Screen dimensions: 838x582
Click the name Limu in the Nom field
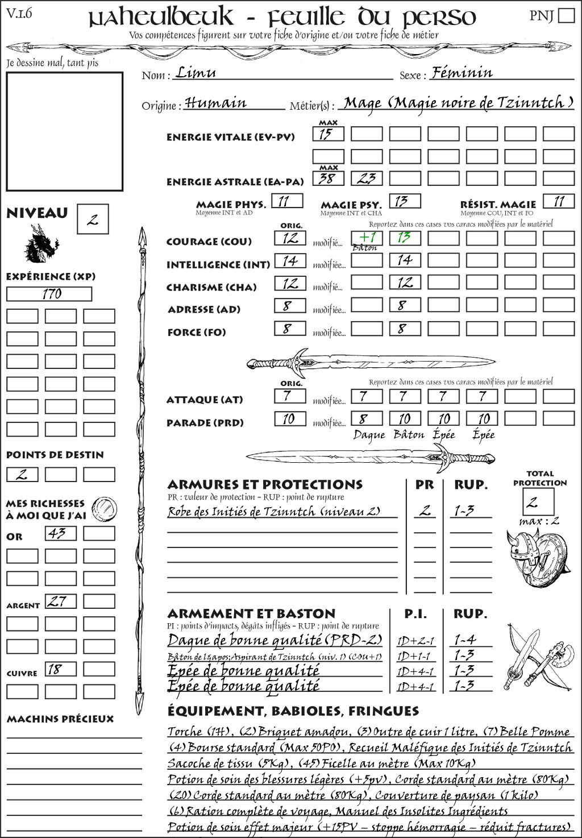click(x=196, y=73)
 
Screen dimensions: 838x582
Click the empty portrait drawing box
click(x=64, y=131)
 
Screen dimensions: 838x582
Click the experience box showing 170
click(x=49, y=294)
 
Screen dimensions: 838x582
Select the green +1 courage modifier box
click(x=367, y=238)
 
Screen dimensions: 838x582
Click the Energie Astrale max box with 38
click(x=328, y=179)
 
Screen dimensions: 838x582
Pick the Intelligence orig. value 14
click(x=290, y=261)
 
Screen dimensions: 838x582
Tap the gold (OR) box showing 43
click(x=60, y=533)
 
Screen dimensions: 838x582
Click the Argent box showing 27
click(x=60, y=601)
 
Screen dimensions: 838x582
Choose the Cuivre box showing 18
click(x=60, y=669)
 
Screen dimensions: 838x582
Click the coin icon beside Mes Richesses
click(x=105, y=508)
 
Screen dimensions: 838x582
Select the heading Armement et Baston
click(x=251, y=614)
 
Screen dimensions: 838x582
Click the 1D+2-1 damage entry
click(x=415, y=641)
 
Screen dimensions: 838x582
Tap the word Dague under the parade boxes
click(x=369, y=435)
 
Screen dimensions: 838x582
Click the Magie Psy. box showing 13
click(x=405, y=201)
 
